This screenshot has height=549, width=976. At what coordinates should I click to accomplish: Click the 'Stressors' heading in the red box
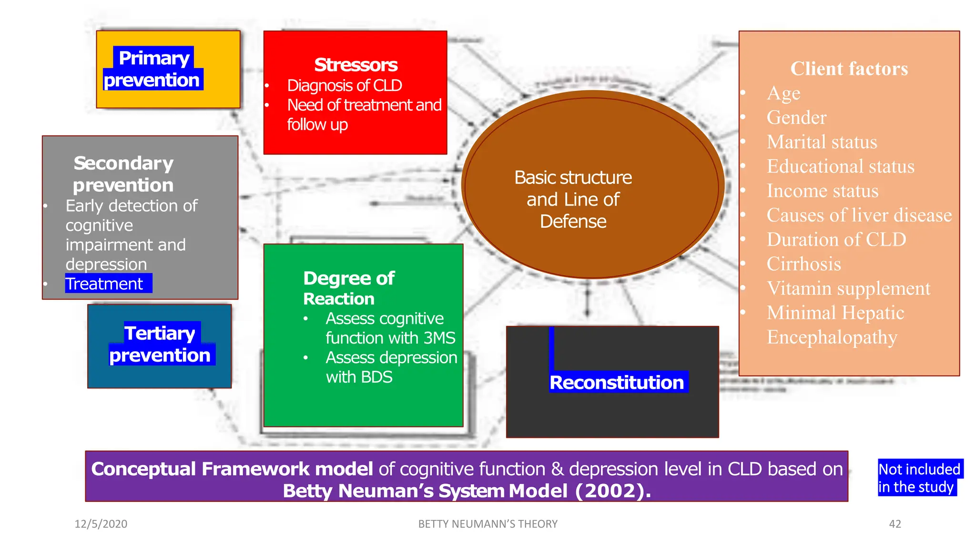pos(356,65)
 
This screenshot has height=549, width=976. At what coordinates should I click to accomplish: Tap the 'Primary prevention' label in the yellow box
pos(153,69)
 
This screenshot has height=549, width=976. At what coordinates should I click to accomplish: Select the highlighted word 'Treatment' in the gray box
pos(105,284)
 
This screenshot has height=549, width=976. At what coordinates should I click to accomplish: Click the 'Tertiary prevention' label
pos(160,344)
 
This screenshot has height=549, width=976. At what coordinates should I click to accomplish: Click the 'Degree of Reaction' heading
pos(348,288)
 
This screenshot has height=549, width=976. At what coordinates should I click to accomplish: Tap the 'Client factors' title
pos(849,69)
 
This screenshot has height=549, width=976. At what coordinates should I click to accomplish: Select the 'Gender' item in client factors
pos(796,118)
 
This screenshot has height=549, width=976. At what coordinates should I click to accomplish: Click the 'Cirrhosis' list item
pos(803,264)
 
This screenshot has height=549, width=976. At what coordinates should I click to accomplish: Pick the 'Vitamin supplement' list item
pos(848,288)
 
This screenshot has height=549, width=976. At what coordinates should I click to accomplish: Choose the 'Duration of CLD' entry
pos(836,240)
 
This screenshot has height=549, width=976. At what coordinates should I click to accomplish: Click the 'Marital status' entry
pos(822,142)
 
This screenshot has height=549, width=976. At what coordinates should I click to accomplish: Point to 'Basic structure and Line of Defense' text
pos(573,199)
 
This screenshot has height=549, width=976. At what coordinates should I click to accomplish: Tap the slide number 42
pos(895,524)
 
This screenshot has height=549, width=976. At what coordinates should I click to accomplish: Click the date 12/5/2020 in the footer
pos(101,524)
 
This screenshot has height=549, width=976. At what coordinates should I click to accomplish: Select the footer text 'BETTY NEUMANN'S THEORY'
pos(488,524)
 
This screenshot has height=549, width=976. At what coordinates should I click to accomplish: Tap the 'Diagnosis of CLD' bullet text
pos(344,86)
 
